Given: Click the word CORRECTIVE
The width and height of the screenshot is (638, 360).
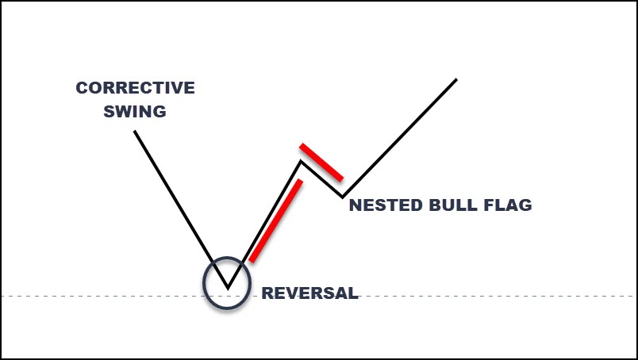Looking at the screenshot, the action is [135, 88].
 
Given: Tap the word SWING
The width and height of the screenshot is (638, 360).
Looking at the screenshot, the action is [135, 111].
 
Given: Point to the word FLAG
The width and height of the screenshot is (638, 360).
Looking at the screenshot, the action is [507, 205].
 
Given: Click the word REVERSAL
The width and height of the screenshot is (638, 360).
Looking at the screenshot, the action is [309, 293].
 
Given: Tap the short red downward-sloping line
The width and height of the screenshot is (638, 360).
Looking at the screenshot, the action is [321, 163].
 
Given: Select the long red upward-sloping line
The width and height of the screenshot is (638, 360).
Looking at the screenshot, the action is [275, 221].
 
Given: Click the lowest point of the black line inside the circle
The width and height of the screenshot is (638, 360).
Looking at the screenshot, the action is [228, 289].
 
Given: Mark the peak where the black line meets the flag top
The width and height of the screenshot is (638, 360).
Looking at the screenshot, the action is [301, 161].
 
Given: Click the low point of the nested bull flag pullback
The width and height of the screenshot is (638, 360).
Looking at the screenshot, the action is [342, 197].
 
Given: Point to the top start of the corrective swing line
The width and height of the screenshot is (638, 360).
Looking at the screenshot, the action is [135, 131].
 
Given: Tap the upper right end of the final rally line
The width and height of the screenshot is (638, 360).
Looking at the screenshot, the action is [456, 79].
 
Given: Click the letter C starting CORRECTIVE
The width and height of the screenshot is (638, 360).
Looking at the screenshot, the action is [82, 88].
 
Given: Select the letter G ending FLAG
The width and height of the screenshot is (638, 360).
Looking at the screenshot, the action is [525, 205].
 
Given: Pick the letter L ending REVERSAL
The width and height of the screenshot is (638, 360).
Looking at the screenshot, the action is [354, 293].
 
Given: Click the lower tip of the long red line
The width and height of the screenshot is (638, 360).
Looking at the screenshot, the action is [251, 261].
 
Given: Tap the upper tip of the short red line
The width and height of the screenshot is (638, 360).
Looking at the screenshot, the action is [301, 145].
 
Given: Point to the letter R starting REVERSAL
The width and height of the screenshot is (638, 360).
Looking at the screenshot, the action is [267, 293].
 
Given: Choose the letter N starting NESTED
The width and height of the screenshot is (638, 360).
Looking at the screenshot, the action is [356, 205].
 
